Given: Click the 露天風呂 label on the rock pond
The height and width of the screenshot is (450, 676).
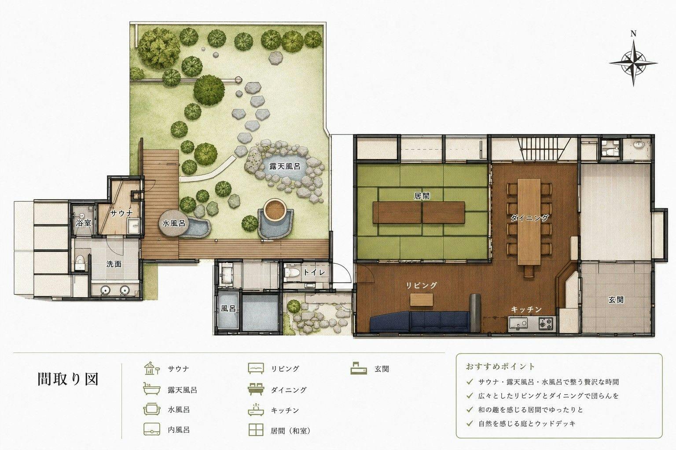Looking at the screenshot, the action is click(285, 167).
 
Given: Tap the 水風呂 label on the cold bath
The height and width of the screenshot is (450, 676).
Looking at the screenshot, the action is click(173, 223).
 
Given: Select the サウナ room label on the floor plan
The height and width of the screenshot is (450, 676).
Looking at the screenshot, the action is click(121, 214).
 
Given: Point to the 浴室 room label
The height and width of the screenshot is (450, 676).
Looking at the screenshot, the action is click(84, 223).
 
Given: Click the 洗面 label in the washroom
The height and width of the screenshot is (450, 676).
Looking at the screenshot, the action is click(114, 264).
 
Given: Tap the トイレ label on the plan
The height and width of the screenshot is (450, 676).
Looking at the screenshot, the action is click(314, 272).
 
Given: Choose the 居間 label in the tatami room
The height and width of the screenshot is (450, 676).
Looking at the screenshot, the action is click(422, 196).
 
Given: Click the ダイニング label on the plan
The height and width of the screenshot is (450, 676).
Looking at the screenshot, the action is click(529, 218).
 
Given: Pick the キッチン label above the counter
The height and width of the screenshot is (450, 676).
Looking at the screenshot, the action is click(526, 309).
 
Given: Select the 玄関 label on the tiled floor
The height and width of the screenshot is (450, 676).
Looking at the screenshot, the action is click(616, 300).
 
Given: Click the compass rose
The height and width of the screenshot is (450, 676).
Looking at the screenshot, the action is click(633, 63).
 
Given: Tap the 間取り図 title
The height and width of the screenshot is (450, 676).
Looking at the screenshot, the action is click(68, 379).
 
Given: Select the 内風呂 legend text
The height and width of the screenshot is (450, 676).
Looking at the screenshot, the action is click(179, 430).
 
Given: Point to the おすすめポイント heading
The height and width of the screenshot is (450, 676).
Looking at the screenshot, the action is click(500, 367).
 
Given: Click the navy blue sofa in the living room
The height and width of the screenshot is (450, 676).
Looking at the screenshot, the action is click(419, 322).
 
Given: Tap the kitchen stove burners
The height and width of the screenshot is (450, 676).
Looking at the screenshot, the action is click(546, 324).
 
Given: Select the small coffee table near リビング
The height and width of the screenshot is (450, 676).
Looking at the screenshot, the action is click(422, 299).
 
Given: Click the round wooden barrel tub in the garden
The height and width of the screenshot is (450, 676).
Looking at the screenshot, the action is click(275, 210).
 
